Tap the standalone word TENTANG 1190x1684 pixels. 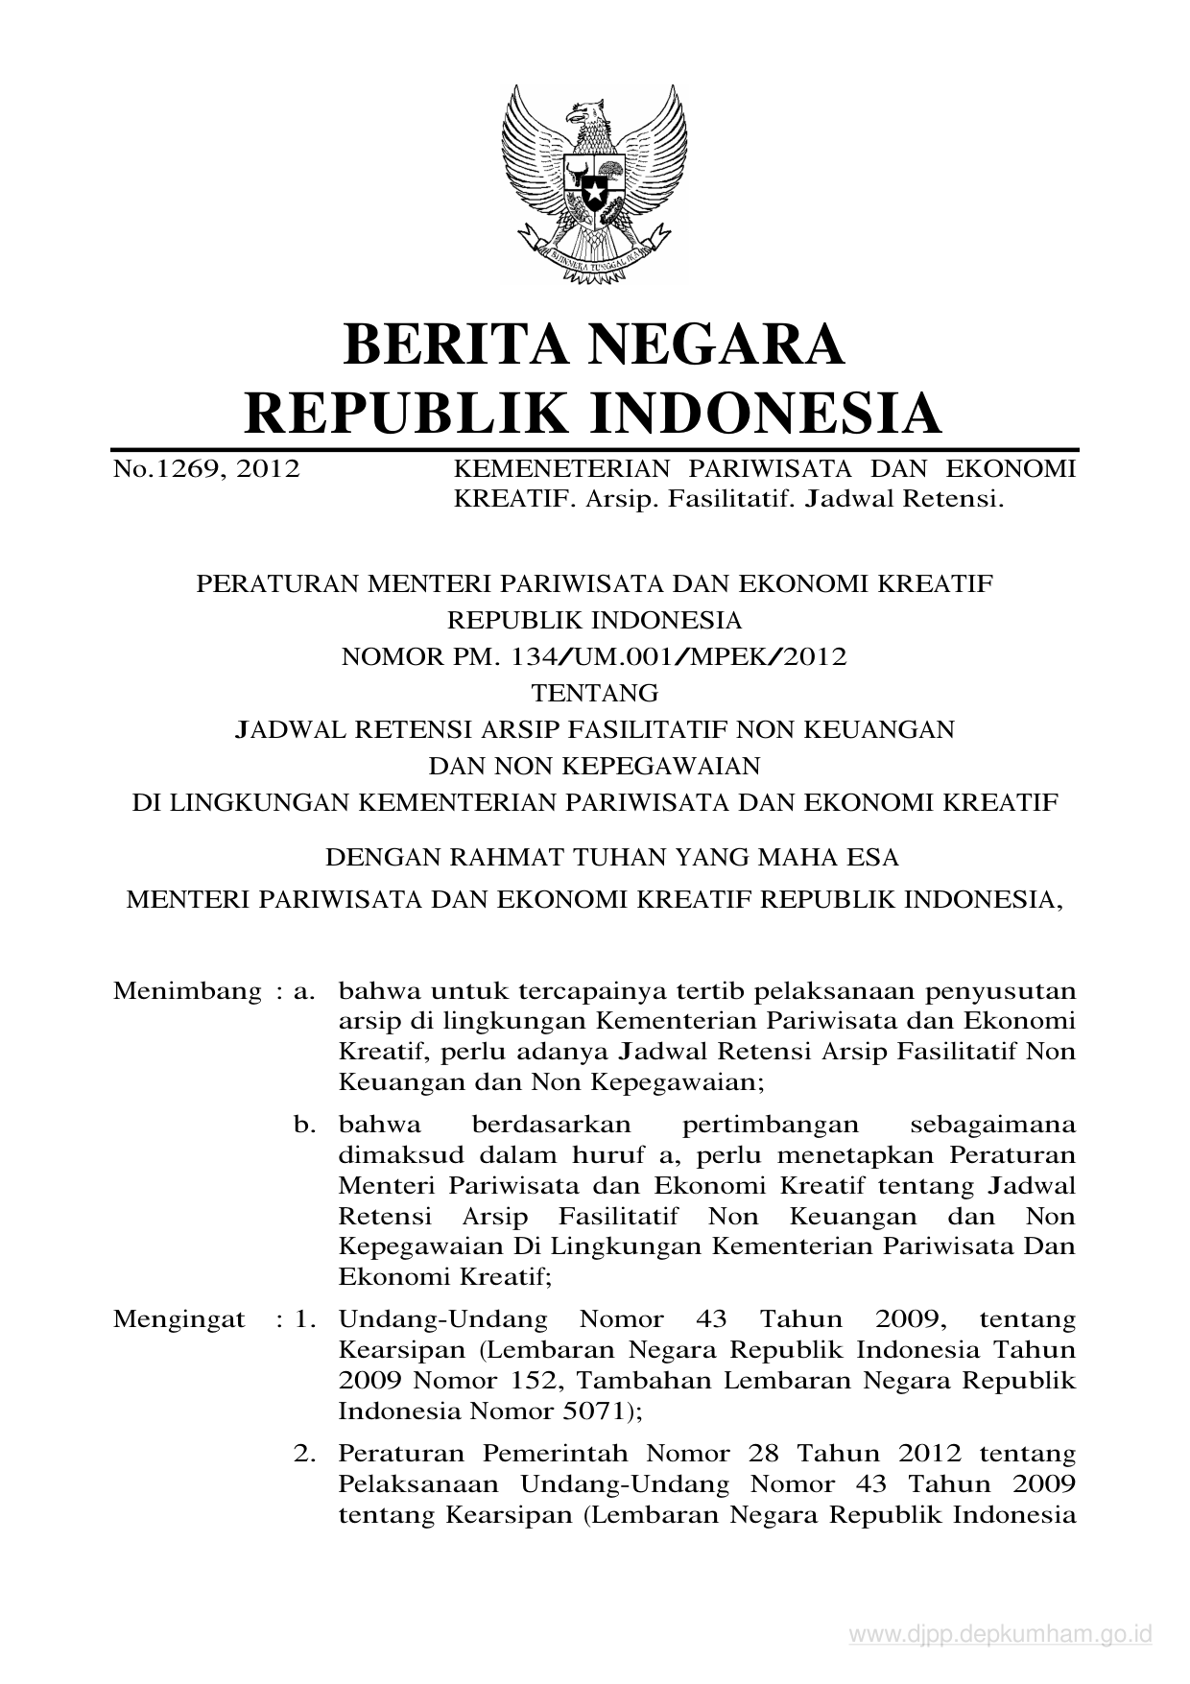pos(595,692)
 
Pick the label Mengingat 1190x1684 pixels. pos(179,1319)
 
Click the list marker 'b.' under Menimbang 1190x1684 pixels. pos(305,1124)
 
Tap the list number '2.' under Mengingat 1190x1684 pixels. pos(305,1454)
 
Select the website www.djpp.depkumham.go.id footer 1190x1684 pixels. pos(999,1635)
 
